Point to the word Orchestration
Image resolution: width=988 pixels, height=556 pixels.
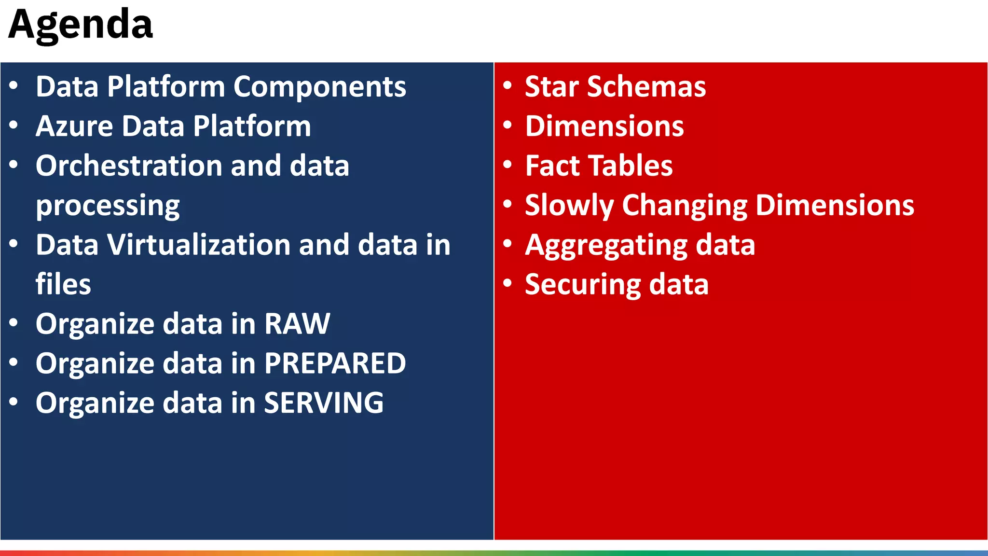click(x=128, y=166)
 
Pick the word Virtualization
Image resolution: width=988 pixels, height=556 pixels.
click(x=198, y=245)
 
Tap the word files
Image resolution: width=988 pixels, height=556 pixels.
click(x=63, y=284)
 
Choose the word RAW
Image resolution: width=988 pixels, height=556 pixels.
click(x=297, y=324)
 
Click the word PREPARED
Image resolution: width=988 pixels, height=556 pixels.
click(x=335, y=363)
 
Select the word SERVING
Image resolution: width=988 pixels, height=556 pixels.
click(x=324, y=403)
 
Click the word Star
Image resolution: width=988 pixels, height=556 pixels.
click(x=551, y=87)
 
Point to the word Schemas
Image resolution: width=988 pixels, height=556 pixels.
click(x=646, y=87)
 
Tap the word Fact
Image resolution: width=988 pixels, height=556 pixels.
click(x=550, y=166)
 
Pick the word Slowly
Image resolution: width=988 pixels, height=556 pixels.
click(x=569, y=206)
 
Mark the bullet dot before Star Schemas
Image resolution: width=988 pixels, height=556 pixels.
click(x=507, y=86)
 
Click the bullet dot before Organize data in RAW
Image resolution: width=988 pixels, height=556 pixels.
click(x=14, y=323)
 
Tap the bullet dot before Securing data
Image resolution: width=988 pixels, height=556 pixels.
click(x=507, y=283)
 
